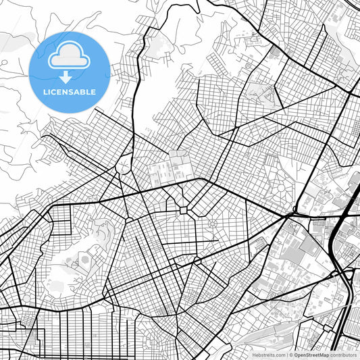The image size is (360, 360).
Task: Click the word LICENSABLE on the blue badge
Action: (x=70, y=92)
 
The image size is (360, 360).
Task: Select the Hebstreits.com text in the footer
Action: (x=269, y=354)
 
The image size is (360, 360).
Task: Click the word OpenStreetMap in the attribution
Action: (x=311, y=354)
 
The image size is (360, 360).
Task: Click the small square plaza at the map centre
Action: (x=184, y=211)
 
